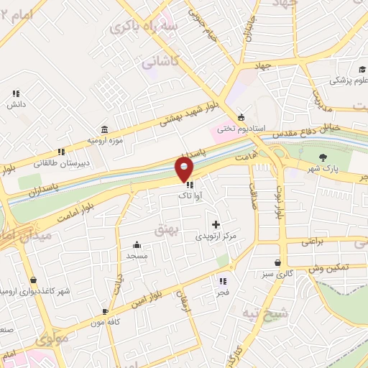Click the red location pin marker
click(185, 169)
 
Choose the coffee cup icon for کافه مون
click(106, 312)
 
